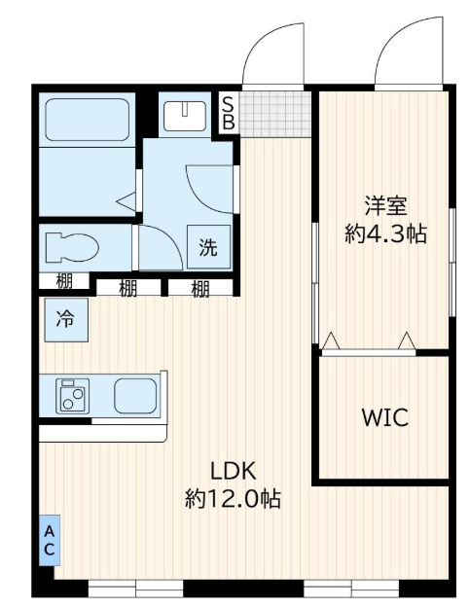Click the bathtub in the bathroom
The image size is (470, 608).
(87, 120)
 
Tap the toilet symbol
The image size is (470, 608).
(72, 247)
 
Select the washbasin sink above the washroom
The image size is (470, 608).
(185, 116)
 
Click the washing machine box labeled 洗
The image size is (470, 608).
(208, 247)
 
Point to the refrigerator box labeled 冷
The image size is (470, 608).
(66, 320)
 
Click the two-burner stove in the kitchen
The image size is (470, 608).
(73, 396)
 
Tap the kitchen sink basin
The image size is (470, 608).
(135, 396)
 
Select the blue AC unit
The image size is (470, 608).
(50, 540)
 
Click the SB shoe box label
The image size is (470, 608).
(229, 113)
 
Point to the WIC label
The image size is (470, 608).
(385, 417)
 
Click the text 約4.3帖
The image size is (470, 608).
(386, 233)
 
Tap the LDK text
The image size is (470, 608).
(234, 471)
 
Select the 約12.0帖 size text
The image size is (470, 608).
(234, 499)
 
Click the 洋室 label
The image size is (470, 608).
(385, 205)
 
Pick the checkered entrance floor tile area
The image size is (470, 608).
(275, 114)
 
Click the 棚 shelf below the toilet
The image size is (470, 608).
(64, 281)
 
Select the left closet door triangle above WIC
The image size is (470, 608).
(331, 340)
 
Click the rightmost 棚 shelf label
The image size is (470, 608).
(200, 289)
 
